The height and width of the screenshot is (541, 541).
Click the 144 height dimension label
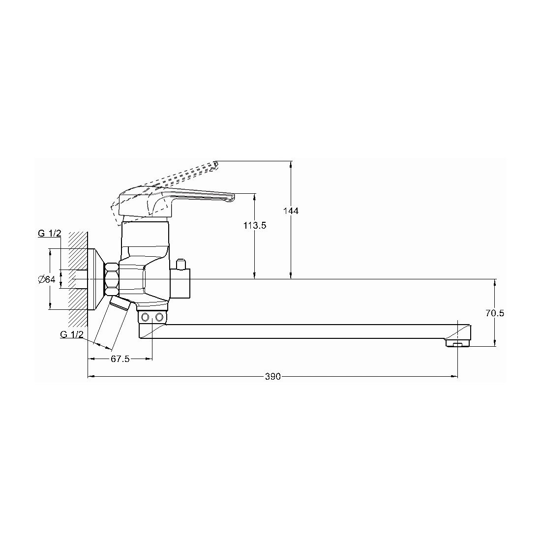point(291,210)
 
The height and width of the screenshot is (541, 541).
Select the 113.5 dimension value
point(255,226)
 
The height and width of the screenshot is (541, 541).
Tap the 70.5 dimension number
point(495,313)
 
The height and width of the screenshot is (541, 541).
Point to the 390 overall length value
point(272,377)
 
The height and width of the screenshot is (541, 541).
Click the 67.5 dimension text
point(120,359)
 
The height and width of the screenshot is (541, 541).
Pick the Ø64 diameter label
point(47,279)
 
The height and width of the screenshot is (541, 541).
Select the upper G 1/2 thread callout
point(49,233)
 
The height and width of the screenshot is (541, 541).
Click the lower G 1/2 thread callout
point(72,334)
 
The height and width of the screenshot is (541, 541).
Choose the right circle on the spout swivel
point(159,316)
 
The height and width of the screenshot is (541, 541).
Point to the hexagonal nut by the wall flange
point(112,279)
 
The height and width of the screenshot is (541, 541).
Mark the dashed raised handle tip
point(215,165)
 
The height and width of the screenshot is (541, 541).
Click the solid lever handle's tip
point(233,198)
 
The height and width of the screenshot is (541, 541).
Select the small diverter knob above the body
point(181,264)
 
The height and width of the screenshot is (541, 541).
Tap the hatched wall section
point(78,279)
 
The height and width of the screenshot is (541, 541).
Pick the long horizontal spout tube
point(303,331)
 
